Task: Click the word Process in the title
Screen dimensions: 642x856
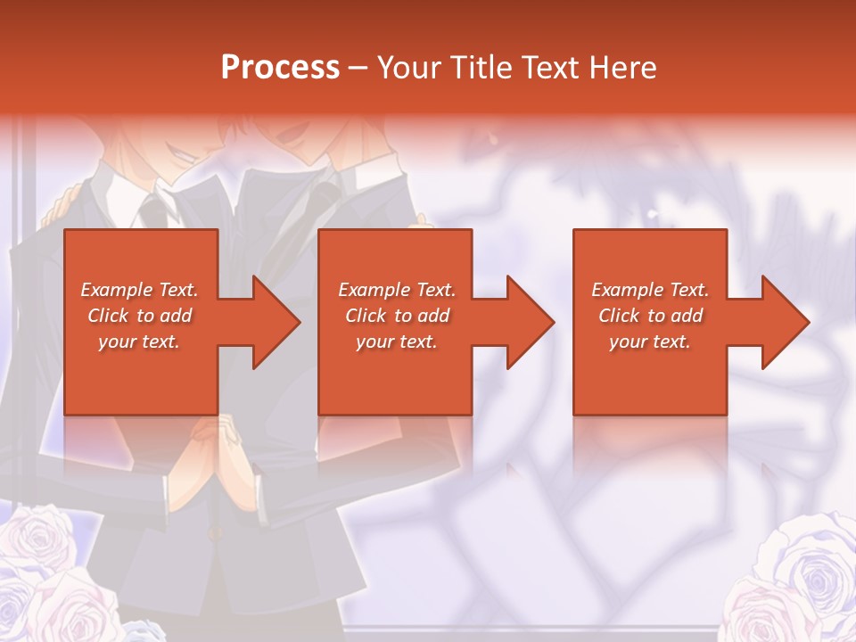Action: [x=280, y=67]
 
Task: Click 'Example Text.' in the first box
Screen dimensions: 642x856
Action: [x=139, y=290]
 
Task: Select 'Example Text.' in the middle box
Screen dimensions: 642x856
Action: [x=397, y=290]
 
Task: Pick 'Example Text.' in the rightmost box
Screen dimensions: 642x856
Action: [x=650, y=290]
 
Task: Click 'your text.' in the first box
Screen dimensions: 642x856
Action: [x=139, y=342]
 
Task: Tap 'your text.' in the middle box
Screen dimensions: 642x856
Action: [x=397, y=342]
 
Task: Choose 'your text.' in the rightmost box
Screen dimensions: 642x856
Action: [x=650, y=342]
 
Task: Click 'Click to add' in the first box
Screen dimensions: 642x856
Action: [x=139, y=316]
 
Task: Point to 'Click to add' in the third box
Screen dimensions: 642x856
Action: [x=650, y=316]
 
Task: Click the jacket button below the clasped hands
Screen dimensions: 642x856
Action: [x=214, y=533]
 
